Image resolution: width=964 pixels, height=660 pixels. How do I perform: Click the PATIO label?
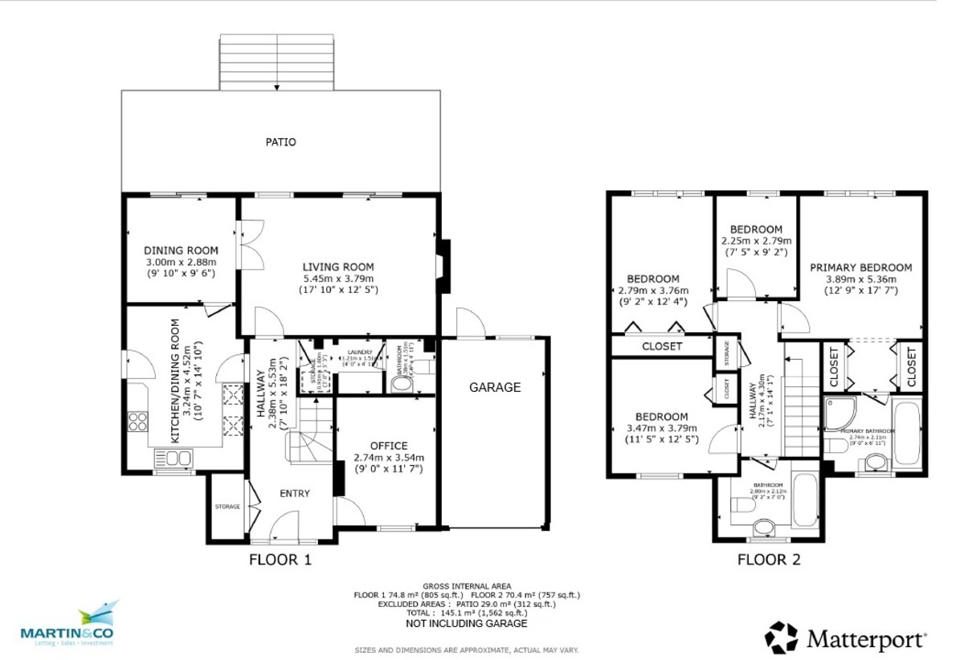coord(281,142)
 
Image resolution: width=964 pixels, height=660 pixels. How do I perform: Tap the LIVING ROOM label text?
coord(337,267)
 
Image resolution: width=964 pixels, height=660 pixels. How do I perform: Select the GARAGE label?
coord(495,387)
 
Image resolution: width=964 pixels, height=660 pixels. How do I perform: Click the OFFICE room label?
coord(389,446)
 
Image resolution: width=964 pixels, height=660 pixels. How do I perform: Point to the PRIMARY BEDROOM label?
coord(860,267)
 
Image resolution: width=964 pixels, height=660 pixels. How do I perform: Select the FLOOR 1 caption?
coord(280,560)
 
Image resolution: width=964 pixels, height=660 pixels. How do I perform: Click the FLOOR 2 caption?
coord(769,560)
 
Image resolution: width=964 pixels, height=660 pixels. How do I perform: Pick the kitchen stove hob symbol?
coord(137,422)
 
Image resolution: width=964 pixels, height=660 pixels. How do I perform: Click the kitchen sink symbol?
coord(173,459)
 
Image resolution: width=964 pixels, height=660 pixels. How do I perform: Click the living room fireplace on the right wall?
coord(443,264)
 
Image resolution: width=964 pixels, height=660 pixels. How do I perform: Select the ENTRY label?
coord(293,493)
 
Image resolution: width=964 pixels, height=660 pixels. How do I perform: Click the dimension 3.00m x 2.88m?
coord(181,262)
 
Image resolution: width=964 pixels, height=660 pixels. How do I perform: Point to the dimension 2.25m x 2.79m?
coord(756,241)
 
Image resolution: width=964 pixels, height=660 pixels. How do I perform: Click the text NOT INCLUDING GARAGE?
coord(467,623)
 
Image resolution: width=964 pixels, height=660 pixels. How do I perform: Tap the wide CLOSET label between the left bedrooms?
coord(662,346)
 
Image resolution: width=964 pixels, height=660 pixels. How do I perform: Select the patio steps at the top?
coord(276,62)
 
